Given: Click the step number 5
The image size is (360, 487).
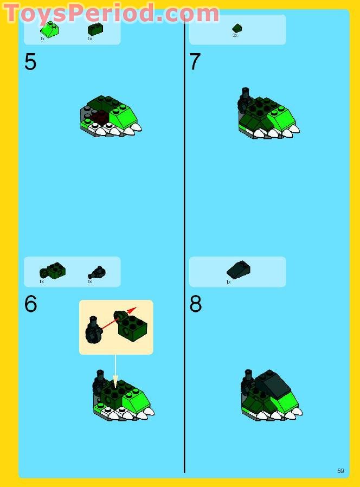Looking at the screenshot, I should [x=30, y=62].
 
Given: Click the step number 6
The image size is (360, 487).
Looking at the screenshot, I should [x=30, y=304].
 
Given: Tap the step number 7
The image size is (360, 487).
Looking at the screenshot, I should [x=195, y=62].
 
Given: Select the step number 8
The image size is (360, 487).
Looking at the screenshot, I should [x=195, y=304].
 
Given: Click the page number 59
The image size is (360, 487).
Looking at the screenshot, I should [x=340, y=471].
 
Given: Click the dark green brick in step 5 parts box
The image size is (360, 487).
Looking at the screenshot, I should [x=95, y=29].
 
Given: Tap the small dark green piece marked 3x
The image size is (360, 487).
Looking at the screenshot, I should [x=237, y=28].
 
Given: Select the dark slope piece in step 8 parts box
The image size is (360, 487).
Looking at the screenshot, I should [x=238, y=270].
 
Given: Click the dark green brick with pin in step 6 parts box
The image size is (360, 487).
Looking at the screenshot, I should [x=53, y=270].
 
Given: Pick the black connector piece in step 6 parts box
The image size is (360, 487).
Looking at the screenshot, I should [x=97, y=271].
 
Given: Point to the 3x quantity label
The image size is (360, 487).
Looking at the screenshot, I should [x=235, y=36].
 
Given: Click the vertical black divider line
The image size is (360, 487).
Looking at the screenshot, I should [x=184, y=244].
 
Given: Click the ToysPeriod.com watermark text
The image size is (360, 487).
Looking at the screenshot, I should [x=111, y=13].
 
